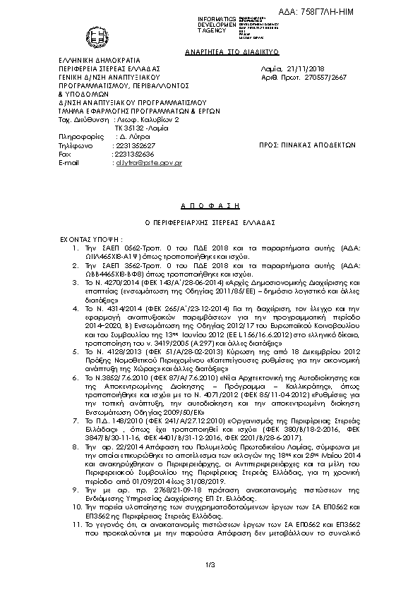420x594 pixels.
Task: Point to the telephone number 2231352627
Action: pyautogui.click(x=134, y=144)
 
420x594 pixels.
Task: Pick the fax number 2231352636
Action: pyautogui.click(x=134, y=153)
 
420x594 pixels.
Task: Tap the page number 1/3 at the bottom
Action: pyautogui.click(x=210, y=564)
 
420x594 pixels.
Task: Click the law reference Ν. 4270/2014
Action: pyautogui.click(x=113, y=281)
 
